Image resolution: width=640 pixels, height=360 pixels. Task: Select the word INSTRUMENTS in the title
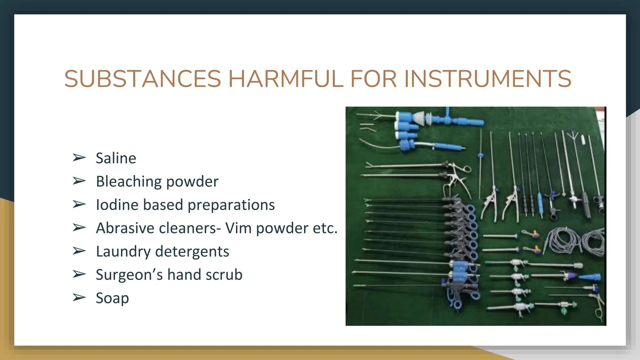tap(488, 79)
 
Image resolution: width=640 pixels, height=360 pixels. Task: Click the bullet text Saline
tap(116, 158)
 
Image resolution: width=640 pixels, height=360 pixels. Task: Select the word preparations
tap(231, 205)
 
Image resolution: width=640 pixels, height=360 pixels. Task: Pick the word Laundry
tap(123, 252)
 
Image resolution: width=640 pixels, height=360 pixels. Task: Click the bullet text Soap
tap(112, 298)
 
